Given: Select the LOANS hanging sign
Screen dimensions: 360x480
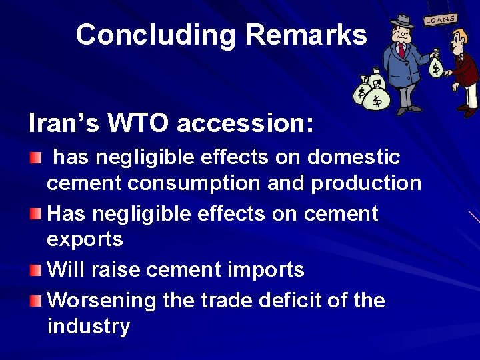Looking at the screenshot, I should (440, 20).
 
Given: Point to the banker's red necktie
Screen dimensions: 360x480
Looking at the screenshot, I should (401, 51).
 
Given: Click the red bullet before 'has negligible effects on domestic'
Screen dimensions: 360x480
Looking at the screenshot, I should (35, 158).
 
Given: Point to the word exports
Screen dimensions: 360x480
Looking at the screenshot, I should (85, 239).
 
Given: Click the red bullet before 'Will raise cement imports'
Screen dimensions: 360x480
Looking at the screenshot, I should (35, 271).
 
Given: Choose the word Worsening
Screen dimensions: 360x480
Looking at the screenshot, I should (102, 301).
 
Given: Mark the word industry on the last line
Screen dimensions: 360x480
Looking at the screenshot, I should (89, 327).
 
